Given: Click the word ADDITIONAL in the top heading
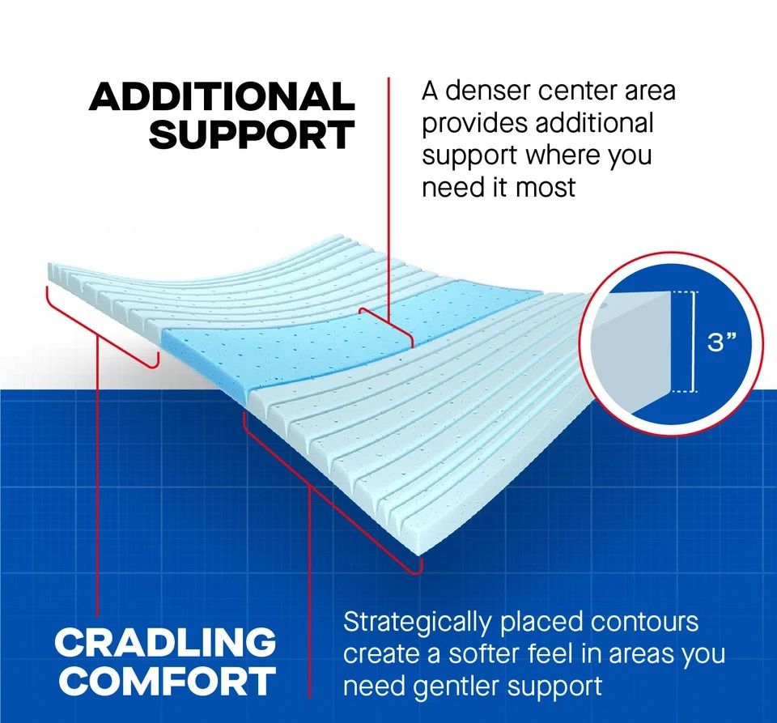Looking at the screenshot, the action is (x=222, y=96).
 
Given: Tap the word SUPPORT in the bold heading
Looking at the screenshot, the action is (x=252, y=134).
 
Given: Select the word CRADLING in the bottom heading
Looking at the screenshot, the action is (x=165, y=642).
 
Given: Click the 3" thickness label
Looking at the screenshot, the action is (x=721, y=342).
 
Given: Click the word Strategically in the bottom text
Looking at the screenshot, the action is (x=418, y=623).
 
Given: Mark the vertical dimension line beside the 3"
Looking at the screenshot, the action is (x=693, y=342).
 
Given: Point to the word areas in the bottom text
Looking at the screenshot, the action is (x=641, y=655).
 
